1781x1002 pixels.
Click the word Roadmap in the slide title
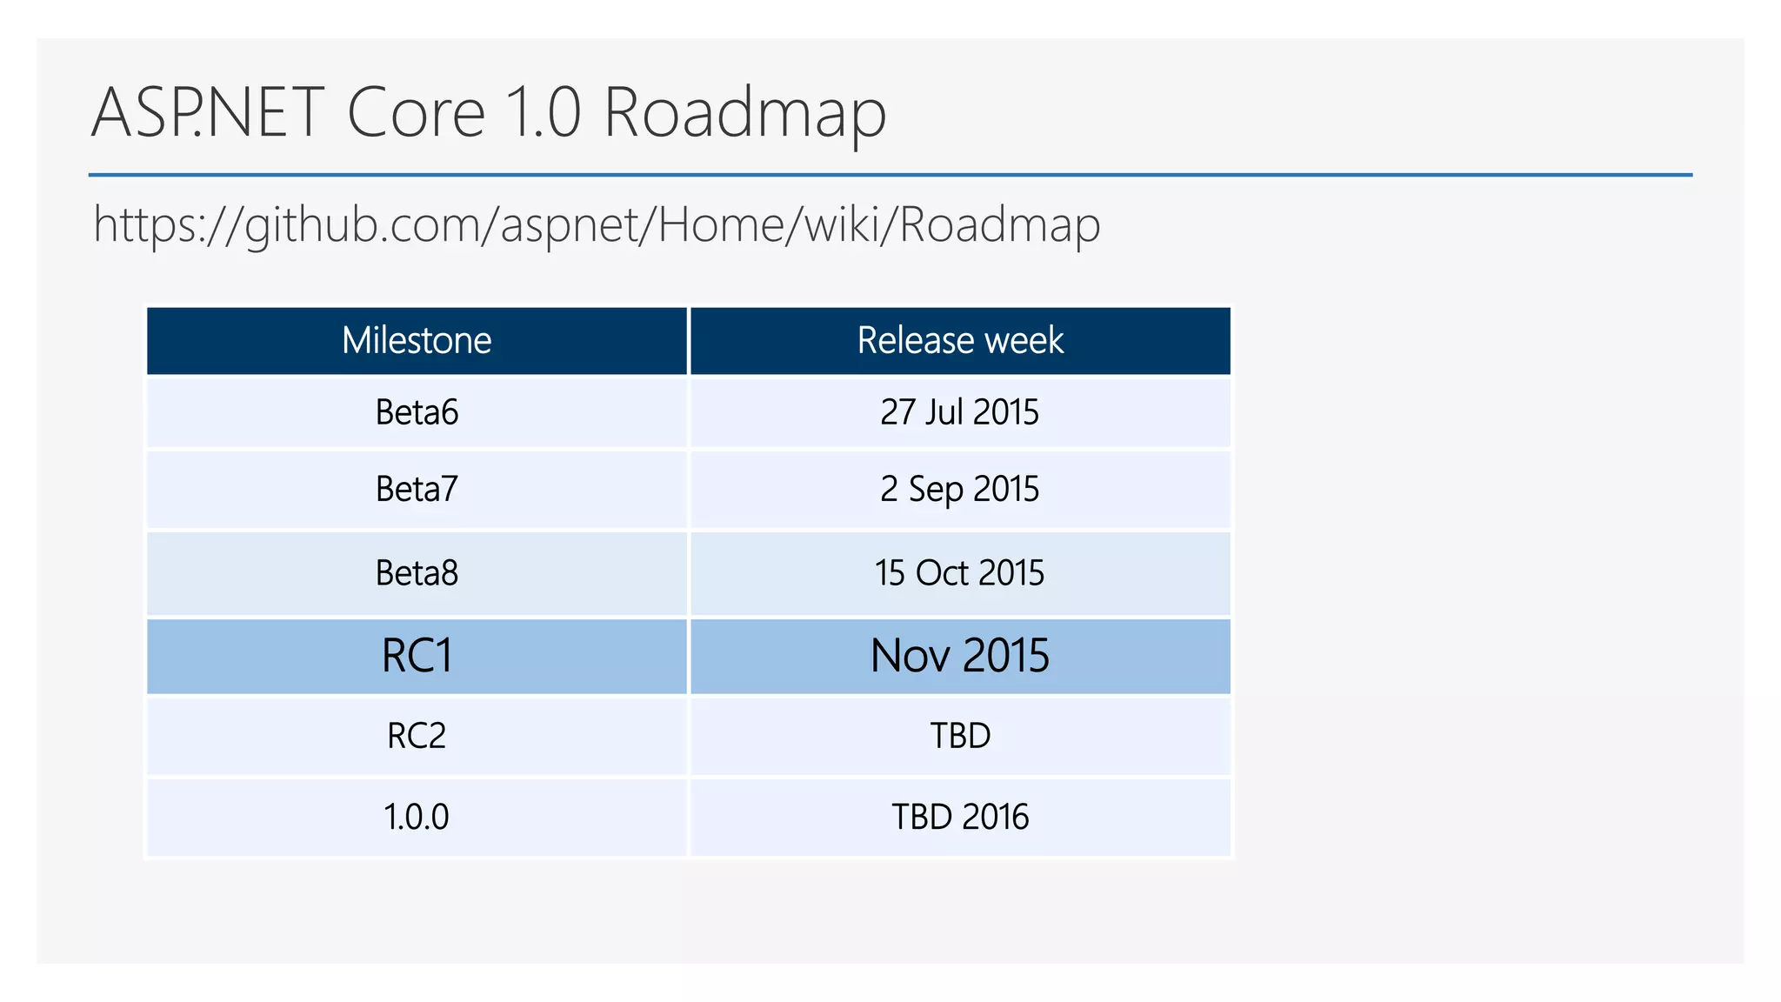pos(744,113)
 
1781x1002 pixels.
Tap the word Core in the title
pos(416,113)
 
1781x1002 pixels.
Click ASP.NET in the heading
pos(207,113)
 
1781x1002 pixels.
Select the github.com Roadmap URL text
pos(597,224)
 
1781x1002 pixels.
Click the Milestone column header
pos(417,340)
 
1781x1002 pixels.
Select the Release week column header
pos(960,340)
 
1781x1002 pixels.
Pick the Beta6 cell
pos(417,412)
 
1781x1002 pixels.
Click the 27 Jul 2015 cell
pos(960,412)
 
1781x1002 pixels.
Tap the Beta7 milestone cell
pos(417,489)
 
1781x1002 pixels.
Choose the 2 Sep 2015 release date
pos(960,489)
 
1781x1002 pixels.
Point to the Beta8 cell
pos(417,573)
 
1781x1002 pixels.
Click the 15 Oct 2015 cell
pos(960,573)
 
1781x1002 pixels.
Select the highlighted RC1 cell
pos(417,656)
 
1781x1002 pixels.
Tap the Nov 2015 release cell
pos(960,656)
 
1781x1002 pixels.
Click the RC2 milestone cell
pos(417,736)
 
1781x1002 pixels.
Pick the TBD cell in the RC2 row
pos(960,736)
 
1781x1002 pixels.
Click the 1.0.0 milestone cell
pos(417,817)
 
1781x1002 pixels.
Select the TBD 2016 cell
pos(960,817)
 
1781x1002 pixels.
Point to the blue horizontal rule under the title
pos(890,175)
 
